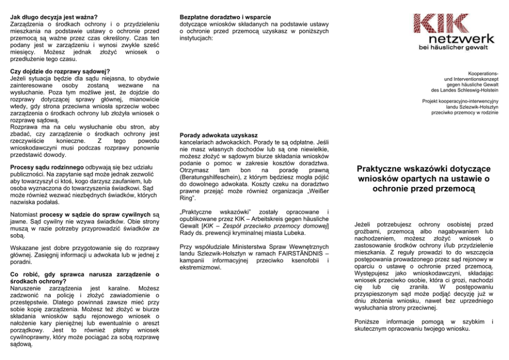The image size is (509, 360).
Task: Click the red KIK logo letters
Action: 436,24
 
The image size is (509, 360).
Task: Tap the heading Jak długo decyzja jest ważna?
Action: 54,17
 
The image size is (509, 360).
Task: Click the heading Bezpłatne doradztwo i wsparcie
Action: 225,17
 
